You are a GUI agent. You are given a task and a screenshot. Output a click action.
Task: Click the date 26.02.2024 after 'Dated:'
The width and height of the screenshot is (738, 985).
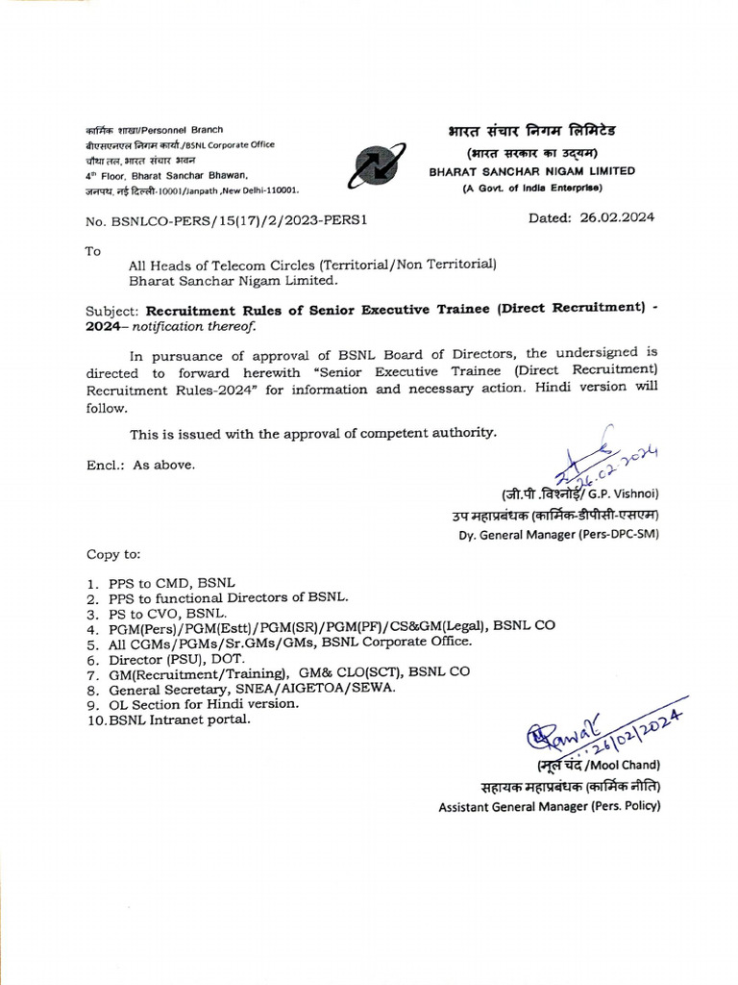coord(615,217)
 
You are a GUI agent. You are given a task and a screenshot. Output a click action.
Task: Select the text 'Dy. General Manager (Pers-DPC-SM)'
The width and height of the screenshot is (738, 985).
coord(558,535)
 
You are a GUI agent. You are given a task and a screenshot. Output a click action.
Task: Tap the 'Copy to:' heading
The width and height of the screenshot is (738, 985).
coord(113,555)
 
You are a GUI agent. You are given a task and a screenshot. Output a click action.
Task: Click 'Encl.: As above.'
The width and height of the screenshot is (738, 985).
coord(140,465)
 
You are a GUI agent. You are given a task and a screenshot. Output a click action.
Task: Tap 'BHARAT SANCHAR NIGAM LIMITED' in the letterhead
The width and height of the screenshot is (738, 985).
coord(531,170)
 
